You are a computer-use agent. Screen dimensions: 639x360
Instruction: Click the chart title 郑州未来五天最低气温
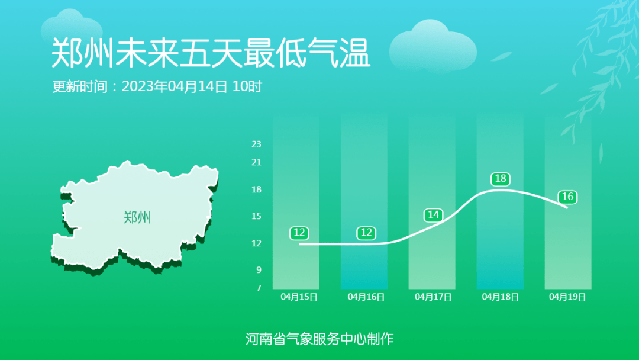(211, 53)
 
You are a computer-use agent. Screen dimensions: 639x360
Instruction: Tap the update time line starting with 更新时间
(157, 86)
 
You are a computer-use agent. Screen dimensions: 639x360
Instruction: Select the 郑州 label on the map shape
(137, 217)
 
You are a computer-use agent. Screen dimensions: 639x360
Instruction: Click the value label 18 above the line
(501, 179)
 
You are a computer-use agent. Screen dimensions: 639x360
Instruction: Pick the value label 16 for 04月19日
(567, 197)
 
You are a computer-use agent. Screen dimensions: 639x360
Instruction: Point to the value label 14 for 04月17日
(433, 215)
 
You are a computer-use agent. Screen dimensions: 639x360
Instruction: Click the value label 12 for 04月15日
(299, 233)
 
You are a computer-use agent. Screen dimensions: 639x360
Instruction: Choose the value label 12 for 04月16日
(366, 233)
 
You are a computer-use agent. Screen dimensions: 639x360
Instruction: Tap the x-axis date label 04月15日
(299, 297)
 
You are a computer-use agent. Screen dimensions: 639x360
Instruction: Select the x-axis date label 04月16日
(366, 297)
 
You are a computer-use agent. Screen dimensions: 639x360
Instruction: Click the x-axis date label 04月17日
(433, 297)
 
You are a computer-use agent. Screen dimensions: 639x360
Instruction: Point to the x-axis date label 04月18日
(501, 297)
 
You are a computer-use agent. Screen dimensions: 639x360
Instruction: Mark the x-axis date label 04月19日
(567, 297)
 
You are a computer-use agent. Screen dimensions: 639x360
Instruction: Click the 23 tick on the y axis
(256, 144)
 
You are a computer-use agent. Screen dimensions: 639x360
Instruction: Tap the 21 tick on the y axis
(256, 162)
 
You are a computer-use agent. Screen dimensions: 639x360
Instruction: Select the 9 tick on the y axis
(259, 270)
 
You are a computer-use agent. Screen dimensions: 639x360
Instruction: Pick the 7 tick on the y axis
(259, 288)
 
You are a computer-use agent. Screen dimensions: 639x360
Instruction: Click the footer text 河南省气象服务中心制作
(319, 339)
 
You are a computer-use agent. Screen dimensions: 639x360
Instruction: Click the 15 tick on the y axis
(256, 216)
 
